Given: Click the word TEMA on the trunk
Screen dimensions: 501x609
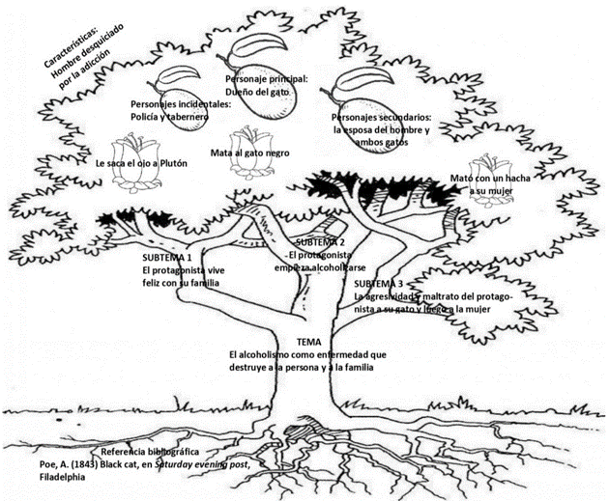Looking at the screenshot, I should click(x=308, y=343).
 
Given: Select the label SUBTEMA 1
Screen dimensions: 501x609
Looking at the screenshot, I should click(x=165, y=259).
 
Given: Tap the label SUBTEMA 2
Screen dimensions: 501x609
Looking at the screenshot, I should click(x=320, y=241).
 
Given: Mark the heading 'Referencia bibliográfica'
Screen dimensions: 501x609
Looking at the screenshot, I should click(x=150, y=452).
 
